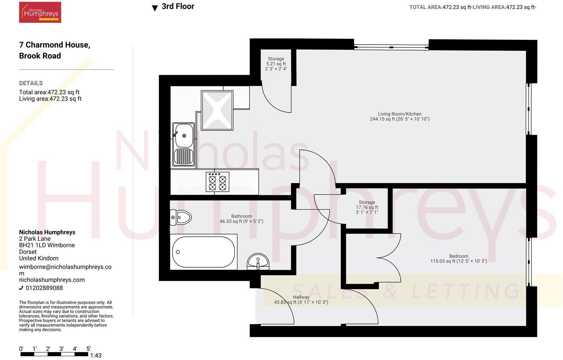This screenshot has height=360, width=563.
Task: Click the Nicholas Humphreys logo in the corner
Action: pos(40,13)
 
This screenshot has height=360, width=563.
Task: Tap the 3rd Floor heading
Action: pos(178,7)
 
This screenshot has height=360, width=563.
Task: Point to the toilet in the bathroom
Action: pos(180,217)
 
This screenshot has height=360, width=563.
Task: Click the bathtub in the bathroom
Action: pos(204,252)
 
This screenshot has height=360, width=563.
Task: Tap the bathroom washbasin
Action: pos(258,262)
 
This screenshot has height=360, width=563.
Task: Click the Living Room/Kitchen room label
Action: pos(399,116)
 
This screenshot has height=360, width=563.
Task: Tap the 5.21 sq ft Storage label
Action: pos(276,64)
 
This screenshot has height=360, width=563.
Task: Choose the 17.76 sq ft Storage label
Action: pos(367,207)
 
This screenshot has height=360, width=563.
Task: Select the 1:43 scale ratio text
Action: pos(96,356)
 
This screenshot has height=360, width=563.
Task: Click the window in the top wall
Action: pos(391,47)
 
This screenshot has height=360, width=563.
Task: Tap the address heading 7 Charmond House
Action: pos(55,45)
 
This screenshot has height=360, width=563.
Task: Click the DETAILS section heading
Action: pos(31,83)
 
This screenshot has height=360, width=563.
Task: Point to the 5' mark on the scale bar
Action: pos(88,349)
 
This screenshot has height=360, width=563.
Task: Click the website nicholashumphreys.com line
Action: pos(52,280)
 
